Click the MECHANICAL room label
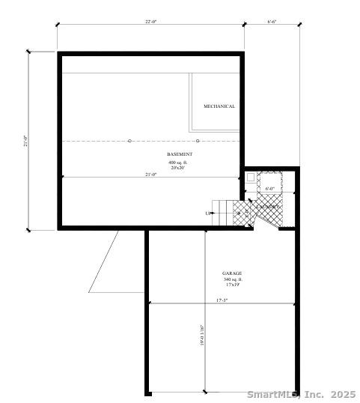219,106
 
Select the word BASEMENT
179,154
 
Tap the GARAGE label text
232,273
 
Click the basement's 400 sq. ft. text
179,162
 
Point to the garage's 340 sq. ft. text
232,279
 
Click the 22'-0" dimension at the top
150,22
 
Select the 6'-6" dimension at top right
272,22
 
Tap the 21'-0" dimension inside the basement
150,175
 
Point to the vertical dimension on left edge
25,141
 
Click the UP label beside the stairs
207,213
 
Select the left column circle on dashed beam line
129,140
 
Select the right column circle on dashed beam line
198,140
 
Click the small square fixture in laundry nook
251,178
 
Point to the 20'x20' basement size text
179,168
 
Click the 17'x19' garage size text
232,285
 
